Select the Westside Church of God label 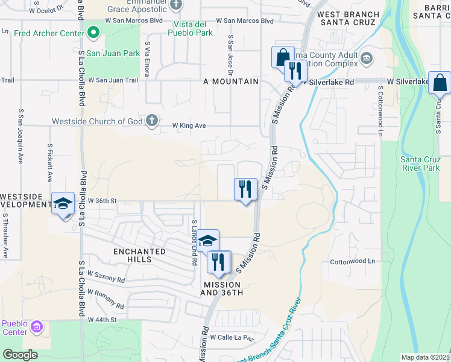tap(98, 121)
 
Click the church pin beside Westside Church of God tap(152, 121)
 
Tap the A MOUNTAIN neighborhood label tap(231, 81)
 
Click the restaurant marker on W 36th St tap(245, 189)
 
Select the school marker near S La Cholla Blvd tap(62, 203)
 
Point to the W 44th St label tap(101, 319)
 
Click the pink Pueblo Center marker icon tap(37, 327)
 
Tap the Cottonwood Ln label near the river tap(352, 262)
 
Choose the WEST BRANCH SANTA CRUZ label tap(348, 19)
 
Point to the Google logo tap(20, 355)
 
